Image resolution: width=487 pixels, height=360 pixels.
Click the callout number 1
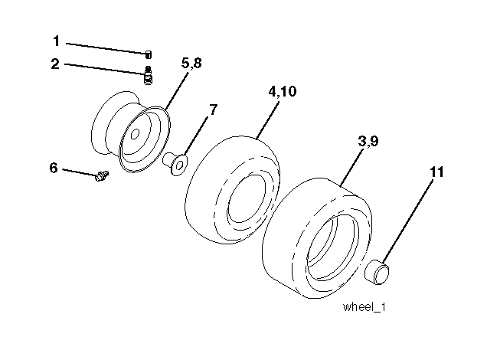pos(56,41)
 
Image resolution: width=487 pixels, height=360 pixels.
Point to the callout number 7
pos(213,110)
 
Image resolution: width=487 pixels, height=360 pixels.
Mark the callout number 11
pos(436,172)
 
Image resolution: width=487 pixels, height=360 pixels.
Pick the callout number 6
pos(54,167)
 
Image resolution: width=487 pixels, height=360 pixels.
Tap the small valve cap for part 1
pos(149,53)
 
